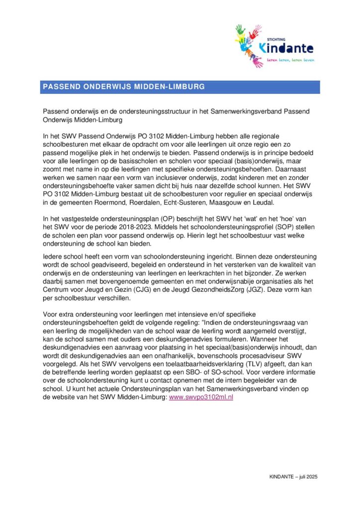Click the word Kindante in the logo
[286, 49]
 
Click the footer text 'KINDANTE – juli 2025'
[293, 476]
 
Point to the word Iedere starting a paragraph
[53, 256]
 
